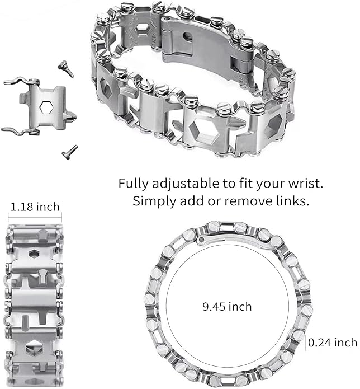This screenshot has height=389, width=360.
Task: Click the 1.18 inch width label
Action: point(35,207)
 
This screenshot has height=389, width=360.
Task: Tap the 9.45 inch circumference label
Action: point(227,307)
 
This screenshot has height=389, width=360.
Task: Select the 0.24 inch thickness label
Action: point(333,343)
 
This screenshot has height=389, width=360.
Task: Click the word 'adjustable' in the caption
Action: point(186,184)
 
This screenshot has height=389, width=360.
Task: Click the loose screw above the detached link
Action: point(66,68)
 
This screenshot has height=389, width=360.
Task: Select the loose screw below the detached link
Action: point(70,152)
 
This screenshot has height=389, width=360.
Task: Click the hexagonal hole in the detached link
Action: point(46,107)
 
